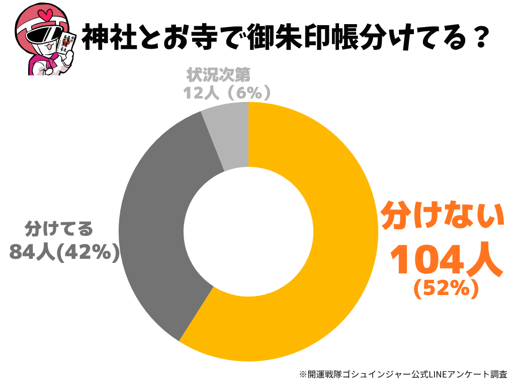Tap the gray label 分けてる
[x=59, y=229]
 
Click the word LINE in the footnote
[x=435, y=374]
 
